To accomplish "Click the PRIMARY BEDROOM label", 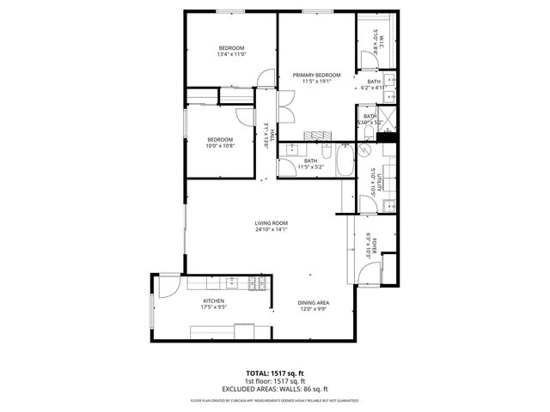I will pos(316,75).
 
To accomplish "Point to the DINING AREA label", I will pos(313,303).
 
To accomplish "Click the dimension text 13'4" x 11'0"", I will pos(231,54).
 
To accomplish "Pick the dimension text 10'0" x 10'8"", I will pos(219,146).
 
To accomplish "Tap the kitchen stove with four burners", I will pos(255,282).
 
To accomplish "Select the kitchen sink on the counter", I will pos(230,282).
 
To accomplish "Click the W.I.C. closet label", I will pos(378,39).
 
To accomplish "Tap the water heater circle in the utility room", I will pos(364,148).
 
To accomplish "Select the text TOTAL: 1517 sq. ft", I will pos(274,373).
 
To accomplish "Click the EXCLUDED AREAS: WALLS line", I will pos(274,388).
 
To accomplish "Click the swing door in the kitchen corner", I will pos(168,285).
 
